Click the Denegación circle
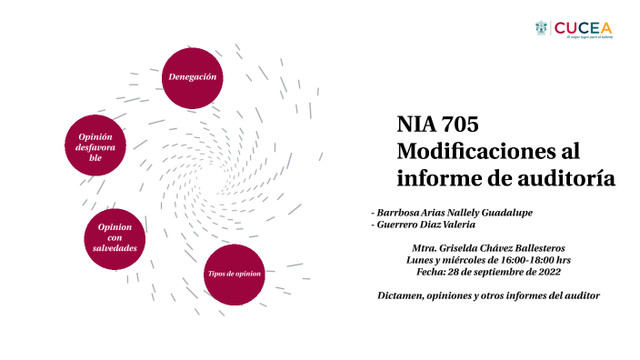coord(192,77)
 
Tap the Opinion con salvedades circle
coord(115,237)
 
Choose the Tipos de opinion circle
coord(234,274)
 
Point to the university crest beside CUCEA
coord(542,28)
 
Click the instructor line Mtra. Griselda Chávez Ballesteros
coord(488,247)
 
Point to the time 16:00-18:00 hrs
coord(534,259)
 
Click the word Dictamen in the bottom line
coord(401,296)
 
